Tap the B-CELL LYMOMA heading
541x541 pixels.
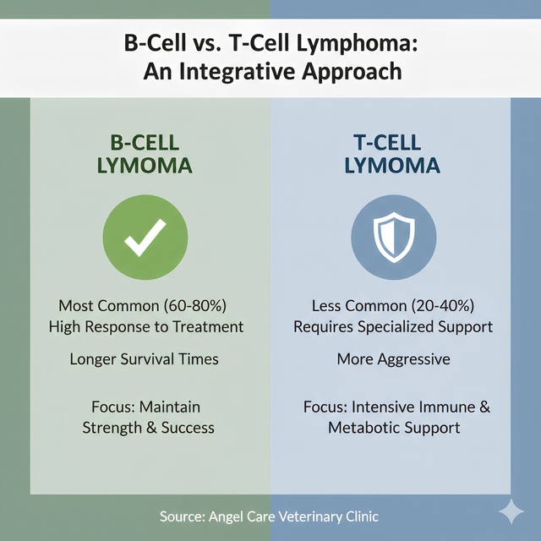click(x=146, y=152)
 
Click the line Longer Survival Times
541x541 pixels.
click(x=145, y=359)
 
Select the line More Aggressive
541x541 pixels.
click(x=393, y=359)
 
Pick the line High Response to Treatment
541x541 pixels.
click(x=146, y=326)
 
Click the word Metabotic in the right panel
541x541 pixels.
click(x=364, y=428)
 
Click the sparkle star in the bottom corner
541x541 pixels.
click(x=511, y=511)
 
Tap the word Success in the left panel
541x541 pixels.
click(x=188, y=428)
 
